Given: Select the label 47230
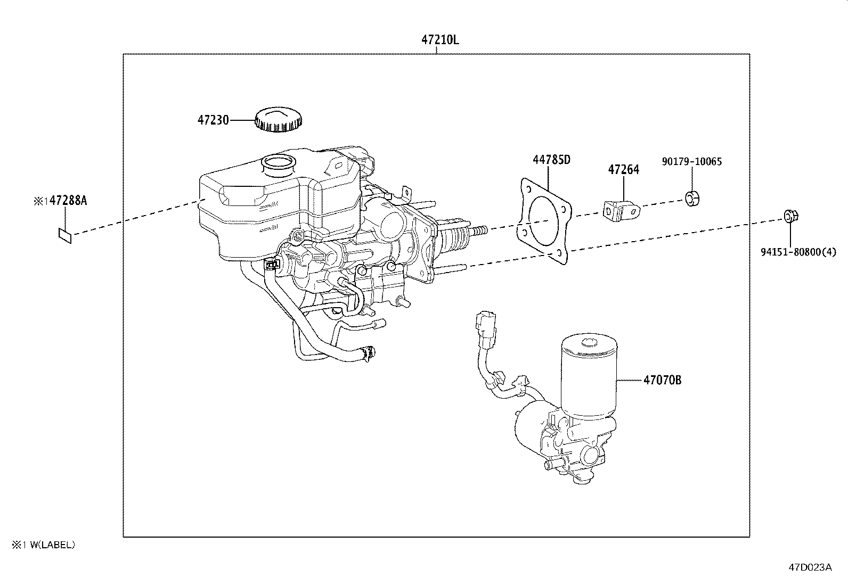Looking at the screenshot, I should (x=213, y=120).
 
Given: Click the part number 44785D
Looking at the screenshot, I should (x=551, y=159).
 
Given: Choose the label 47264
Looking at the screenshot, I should (x=623, y=170).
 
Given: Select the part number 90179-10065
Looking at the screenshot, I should (x=692, y=161).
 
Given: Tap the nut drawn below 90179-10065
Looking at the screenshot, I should (x=692, y=199).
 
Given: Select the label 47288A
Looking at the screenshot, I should (x=68, y=201).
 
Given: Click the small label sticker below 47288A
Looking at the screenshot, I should (x=65, y=235).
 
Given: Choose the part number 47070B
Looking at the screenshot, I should (x=662, y=380).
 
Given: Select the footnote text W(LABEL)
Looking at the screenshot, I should (x=53, y=545).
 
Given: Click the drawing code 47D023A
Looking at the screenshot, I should (x=810, y=567).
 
